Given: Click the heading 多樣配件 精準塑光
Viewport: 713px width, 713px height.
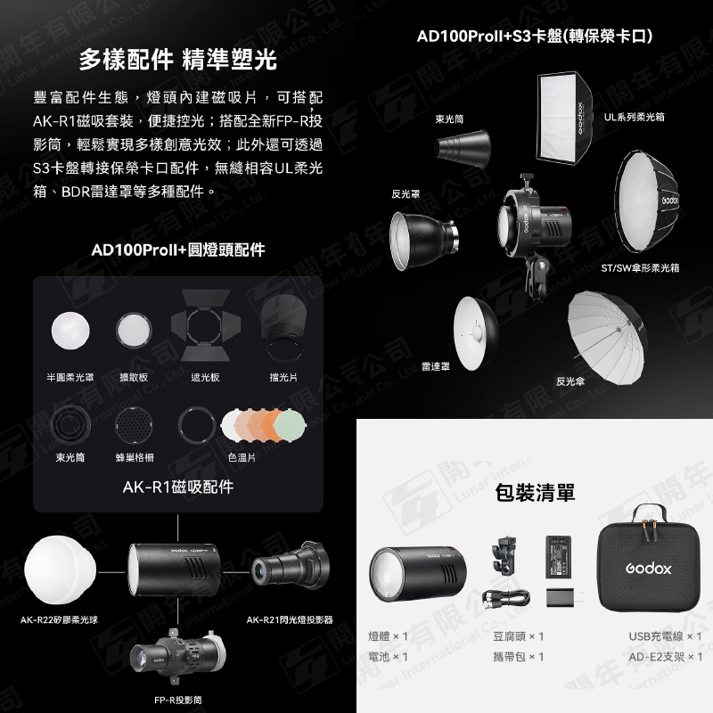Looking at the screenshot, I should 177,61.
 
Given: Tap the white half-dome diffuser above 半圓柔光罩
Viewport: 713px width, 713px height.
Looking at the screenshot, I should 71,330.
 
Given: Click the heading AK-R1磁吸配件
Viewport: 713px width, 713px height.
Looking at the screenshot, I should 177,487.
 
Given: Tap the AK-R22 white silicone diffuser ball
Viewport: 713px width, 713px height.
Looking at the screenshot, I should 58,566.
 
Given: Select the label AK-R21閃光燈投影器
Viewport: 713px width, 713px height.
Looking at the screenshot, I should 290,619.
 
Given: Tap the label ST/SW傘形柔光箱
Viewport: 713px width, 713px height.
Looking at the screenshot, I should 640,267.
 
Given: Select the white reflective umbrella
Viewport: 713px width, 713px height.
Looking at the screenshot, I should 604,326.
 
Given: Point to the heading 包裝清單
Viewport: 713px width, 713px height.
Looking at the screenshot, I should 535,492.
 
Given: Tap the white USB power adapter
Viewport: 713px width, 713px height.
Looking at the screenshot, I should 561,597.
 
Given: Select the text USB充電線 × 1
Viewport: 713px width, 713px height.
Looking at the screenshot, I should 664,636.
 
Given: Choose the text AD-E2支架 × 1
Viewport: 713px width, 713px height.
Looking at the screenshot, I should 664,657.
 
